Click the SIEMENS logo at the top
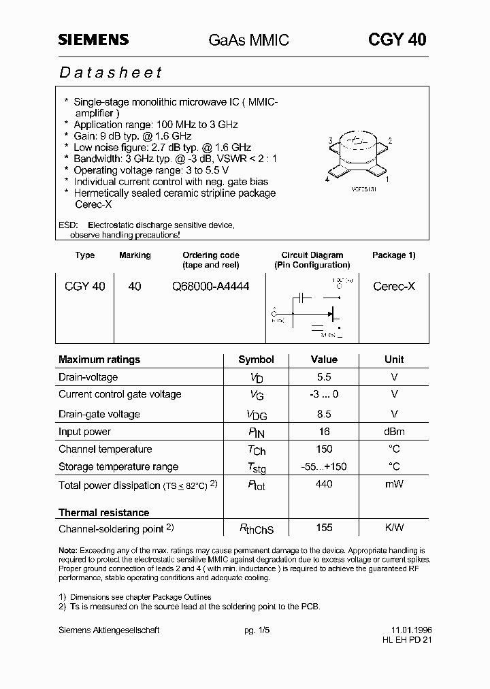coord(93,40)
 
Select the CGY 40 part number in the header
coord(397,39)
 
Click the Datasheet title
coord(110,72)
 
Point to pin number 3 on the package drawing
coord(330,141)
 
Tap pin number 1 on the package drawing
coord(387,180)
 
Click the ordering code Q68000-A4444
coord(210,287)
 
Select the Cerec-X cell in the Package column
coord(393,287)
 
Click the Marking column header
coord(135,255)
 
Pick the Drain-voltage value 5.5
coord(324,376)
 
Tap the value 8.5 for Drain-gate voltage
coord(324,414)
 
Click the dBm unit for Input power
coord(394,432)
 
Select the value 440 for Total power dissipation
coord(324,484)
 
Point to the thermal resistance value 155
coord(324,528)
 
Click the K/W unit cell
coord(394,528)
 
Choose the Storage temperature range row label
coord(118,466)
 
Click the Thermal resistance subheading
coord(103,512)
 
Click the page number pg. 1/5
coord(257,630)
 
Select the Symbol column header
coord(256,359)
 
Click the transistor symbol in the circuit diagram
coord(333,313)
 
